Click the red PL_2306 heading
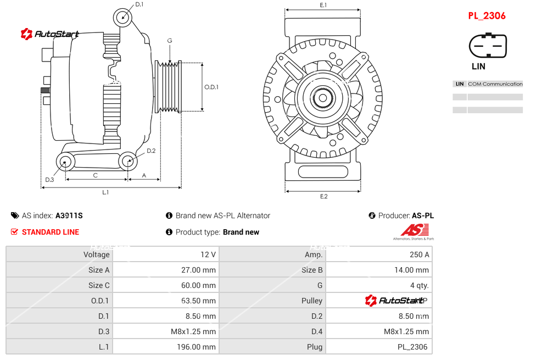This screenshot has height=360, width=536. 487,16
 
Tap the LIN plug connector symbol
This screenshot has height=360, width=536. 487,46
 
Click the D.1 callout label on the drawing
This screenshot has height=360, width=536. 139,4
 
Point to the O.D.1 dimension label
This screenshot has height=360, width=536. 211,87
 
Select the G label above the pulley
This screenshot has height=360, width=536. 170,41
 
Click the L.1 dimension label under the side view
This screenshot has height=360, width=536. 105,192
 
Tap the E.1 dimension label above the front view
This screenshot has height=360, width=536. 323,5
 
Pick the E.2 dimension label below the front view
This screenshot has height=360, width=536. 323,196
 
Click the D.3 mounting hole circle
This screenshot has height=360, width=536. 66,162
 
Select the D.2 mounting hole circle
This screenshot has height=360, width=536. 128,161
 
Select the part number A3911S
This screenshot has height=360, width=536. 69,216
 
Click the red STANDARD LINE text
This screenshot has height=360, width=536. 51,232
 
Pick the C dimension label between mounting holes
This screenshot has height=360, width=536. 95,175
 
